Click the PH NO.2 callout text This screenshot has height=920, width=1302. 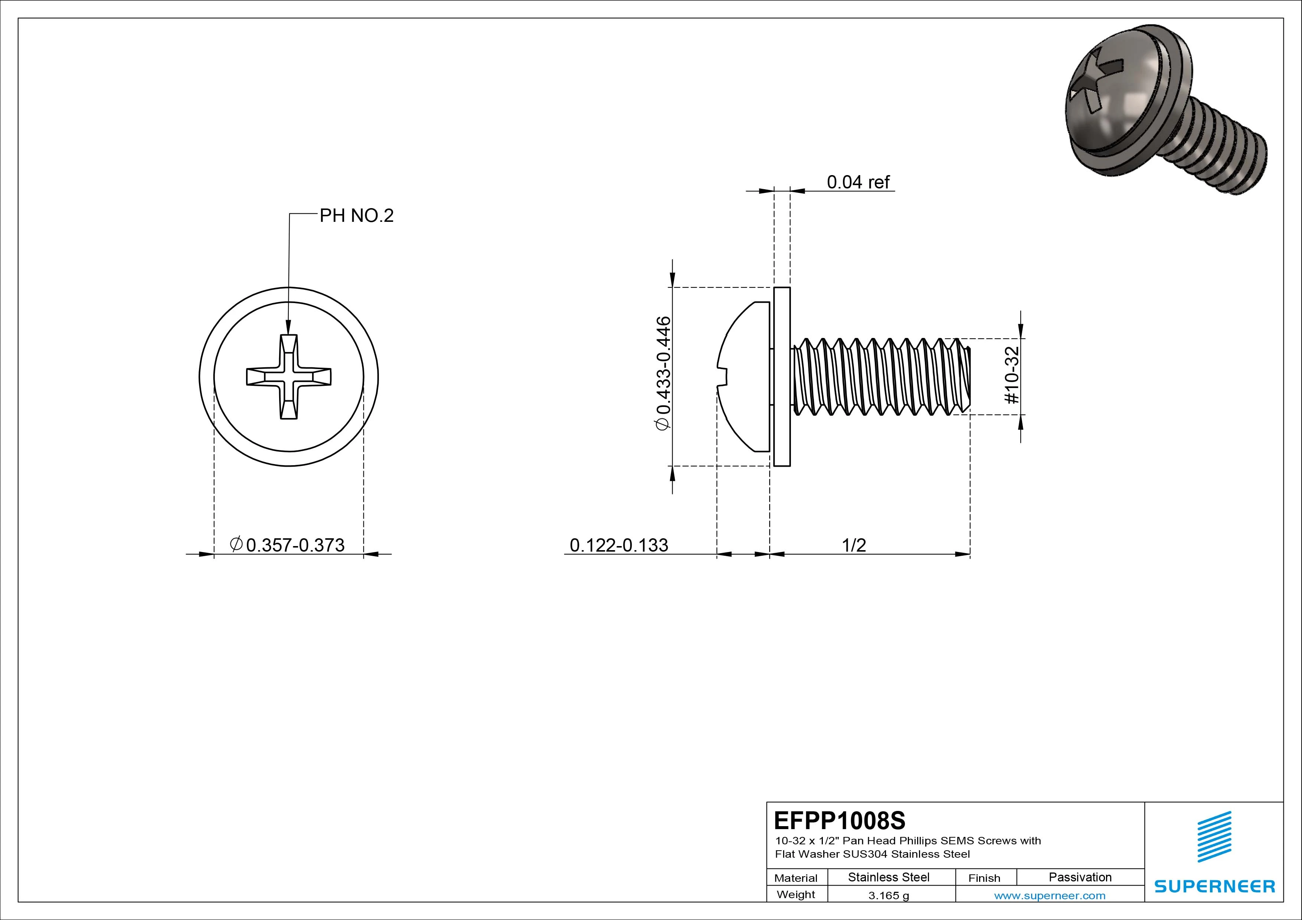356,216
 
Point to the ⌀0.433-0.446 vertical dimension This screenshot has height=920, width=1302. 663,373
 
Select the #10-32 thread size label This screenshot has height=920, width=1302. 1012,375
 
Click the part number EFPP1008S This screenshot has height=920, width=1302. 839,820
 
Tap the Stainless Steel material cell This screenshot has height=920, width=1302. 888,877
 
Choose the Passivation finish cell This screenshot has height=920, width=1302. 1080,877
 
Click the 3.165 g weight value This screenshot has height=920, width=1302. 888,896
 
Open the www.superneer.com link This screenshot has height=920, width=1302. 1050,896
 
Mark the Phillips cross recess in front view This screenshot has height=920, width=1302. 289,377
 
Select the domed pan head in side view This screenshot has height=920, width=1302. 743,377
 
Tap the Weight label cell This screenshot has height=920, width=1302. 796,894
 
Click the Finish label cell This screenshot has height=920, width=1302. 984,877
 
